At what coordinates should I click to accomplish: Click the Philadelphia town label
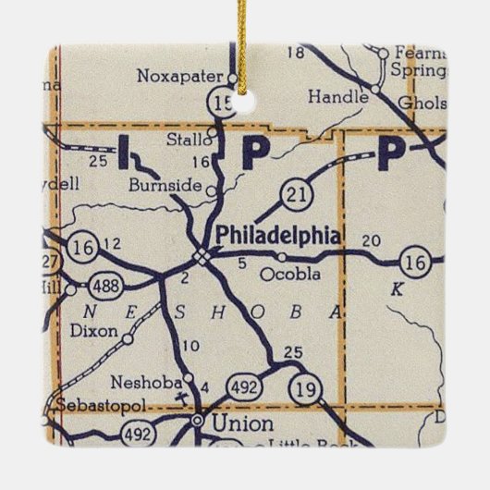click(x=277, y=236)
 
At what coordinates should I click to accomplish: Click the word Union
click(x=243, y=424)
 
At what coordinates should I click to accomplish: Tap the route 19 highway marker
click(x=304, y=388)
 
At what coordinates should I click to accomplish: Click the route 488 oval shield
click(x=108, y=287)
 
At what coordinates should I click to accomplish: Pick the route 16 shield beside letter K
click(x=417, y=263)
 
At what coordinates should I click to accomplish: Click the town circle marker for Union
click(x=197, y=421)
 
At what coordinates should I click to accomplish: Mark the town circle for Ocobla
click(x=280, y=256)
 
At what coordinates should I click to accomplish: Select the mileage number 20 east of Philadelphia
click(x=371, y=240)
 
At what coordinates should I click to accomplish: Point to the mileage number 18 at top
click(x=296, y=53)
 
